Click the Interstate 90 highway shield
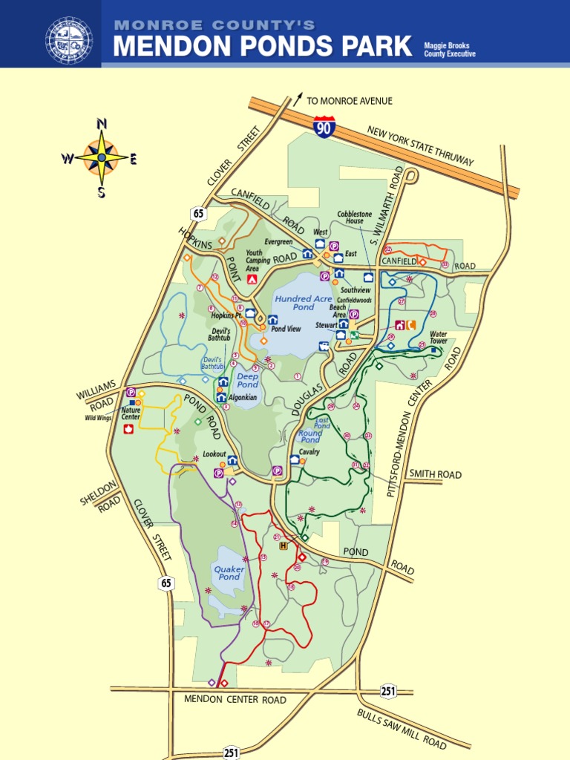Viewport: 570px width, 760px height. pyautogui.click(x=323, y=127)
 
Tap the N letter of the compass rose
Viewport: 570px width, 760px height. pyautogui.click(x=102, y=123)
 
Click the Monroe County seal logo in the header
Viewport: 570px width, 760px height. pyautogui.click(x=69, y=40)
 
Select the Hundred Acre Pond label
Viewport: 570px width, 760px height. pyautogui.click(x=303, y=302)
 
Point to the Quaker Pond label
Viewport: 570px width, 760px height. pyautogui.click(x=229, y=572)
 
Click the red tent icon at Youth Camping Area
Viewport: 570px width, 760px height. pyautogui.click(x=252, y=279)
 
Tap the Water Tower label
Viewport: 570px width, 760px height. pyautogui.click(x=439, y=338)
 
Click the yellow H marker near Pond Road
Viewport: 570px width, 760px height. pyautogui.click(x=283, y=546)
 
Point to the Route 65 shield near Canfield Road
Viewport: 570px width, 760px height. pyautogui.click(x=198, y=214)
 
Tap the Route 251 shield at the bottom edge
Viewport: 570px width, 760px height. pyautogui.click(x=231, y=753)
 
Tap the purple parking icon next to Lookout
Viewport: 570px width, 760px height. pyautogui.click(x=219, y=473)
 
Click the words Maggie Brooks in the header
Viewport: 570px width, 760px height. pyautogui.click(x=446, y=46)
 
